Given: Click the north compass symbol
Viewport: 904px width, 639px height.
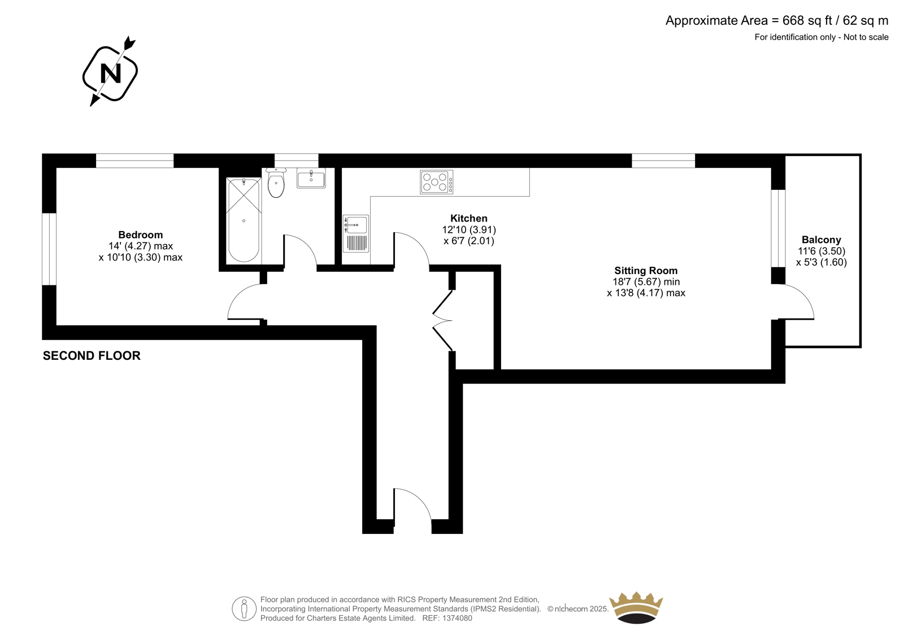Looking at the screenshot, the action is pos(110,71).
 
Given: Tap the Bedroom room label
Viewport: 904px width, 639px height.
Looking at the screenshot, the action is pos(141,234).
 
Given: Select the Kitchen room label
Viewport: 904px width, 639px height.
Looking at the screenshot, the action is pos(468,219).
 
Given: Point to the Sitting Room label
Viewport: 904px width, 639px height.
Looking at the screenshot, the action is pos(646,271).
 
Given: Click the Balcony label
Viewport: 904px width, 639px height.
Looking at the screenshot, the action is pos(822,240).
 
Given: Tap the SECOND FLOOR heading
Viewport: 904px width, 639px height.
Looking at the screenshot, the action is pos(92,355).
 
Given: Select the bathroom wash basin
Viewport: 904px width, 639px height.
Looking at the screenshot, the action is pos(311,178).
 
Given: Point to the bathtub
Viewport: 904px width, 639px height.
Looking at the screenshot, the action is pos(244,220).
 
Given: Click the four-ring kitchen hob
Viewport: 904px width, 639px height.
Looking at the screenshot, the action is pos(436,182).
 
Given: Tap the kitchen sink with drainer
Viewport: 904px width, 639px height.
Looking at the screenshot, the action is pos(355,233).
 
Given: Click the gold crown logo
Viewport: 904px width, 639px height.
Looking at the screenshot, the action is pos(636,607).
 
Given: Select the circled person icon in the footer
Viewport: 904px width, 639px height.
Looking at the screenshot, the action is pos(244,608).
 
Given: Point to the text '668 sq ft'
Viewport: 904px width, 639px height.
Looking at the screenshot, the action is pos(807,20).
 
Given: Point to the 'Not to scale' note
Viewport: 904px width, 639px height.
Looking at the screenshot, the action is pos(865,37).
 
